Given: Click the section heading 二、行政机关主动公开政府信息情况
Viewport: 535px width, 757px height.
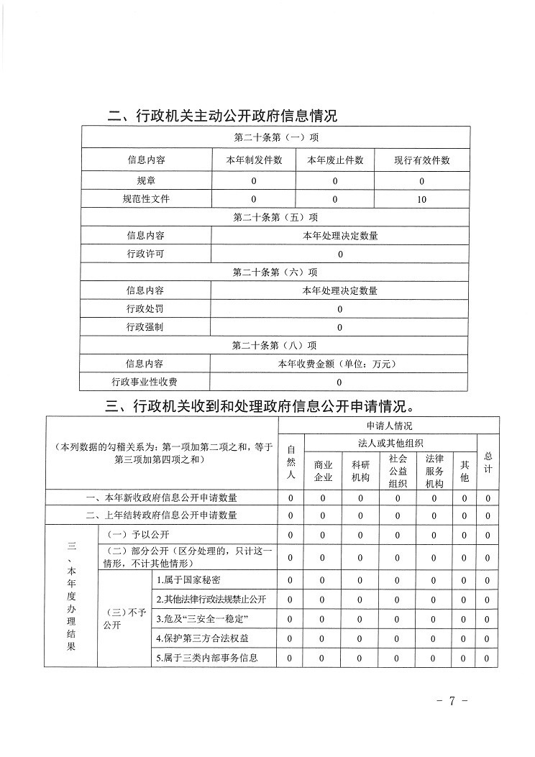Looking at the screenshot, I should (221, 116).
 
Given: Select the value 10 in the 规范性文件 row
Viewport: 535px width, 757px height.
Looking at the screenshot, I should (421, 198).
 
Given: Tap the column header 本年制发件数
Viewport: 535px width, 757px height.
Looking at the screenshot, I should (254, 160).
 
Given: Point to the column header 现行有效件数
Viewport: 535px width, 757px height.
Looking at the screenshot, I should (421, 160).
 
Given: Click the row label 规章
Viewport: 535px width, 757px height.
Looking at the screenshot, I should (145, 180).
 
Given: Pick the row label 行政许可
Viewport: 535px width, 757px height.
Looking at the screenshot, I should (145, 254).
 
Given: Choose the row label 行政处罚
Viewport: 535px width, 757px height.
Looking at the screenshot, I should (145, 309).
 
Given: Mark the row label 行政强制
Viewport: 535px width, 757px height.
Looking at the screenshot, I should (145, 327).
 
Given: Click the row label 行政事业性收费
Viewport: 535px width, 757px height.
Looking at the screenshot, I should (145, 382).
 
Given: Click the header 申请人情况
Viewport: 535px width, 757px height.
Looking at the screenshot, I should (390, 426).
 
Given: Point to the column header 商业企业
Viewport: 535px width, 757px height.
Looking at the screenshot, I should (323, 471).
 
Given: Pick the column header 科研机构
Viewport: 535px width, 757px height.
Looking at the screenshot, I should (360, 471).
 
